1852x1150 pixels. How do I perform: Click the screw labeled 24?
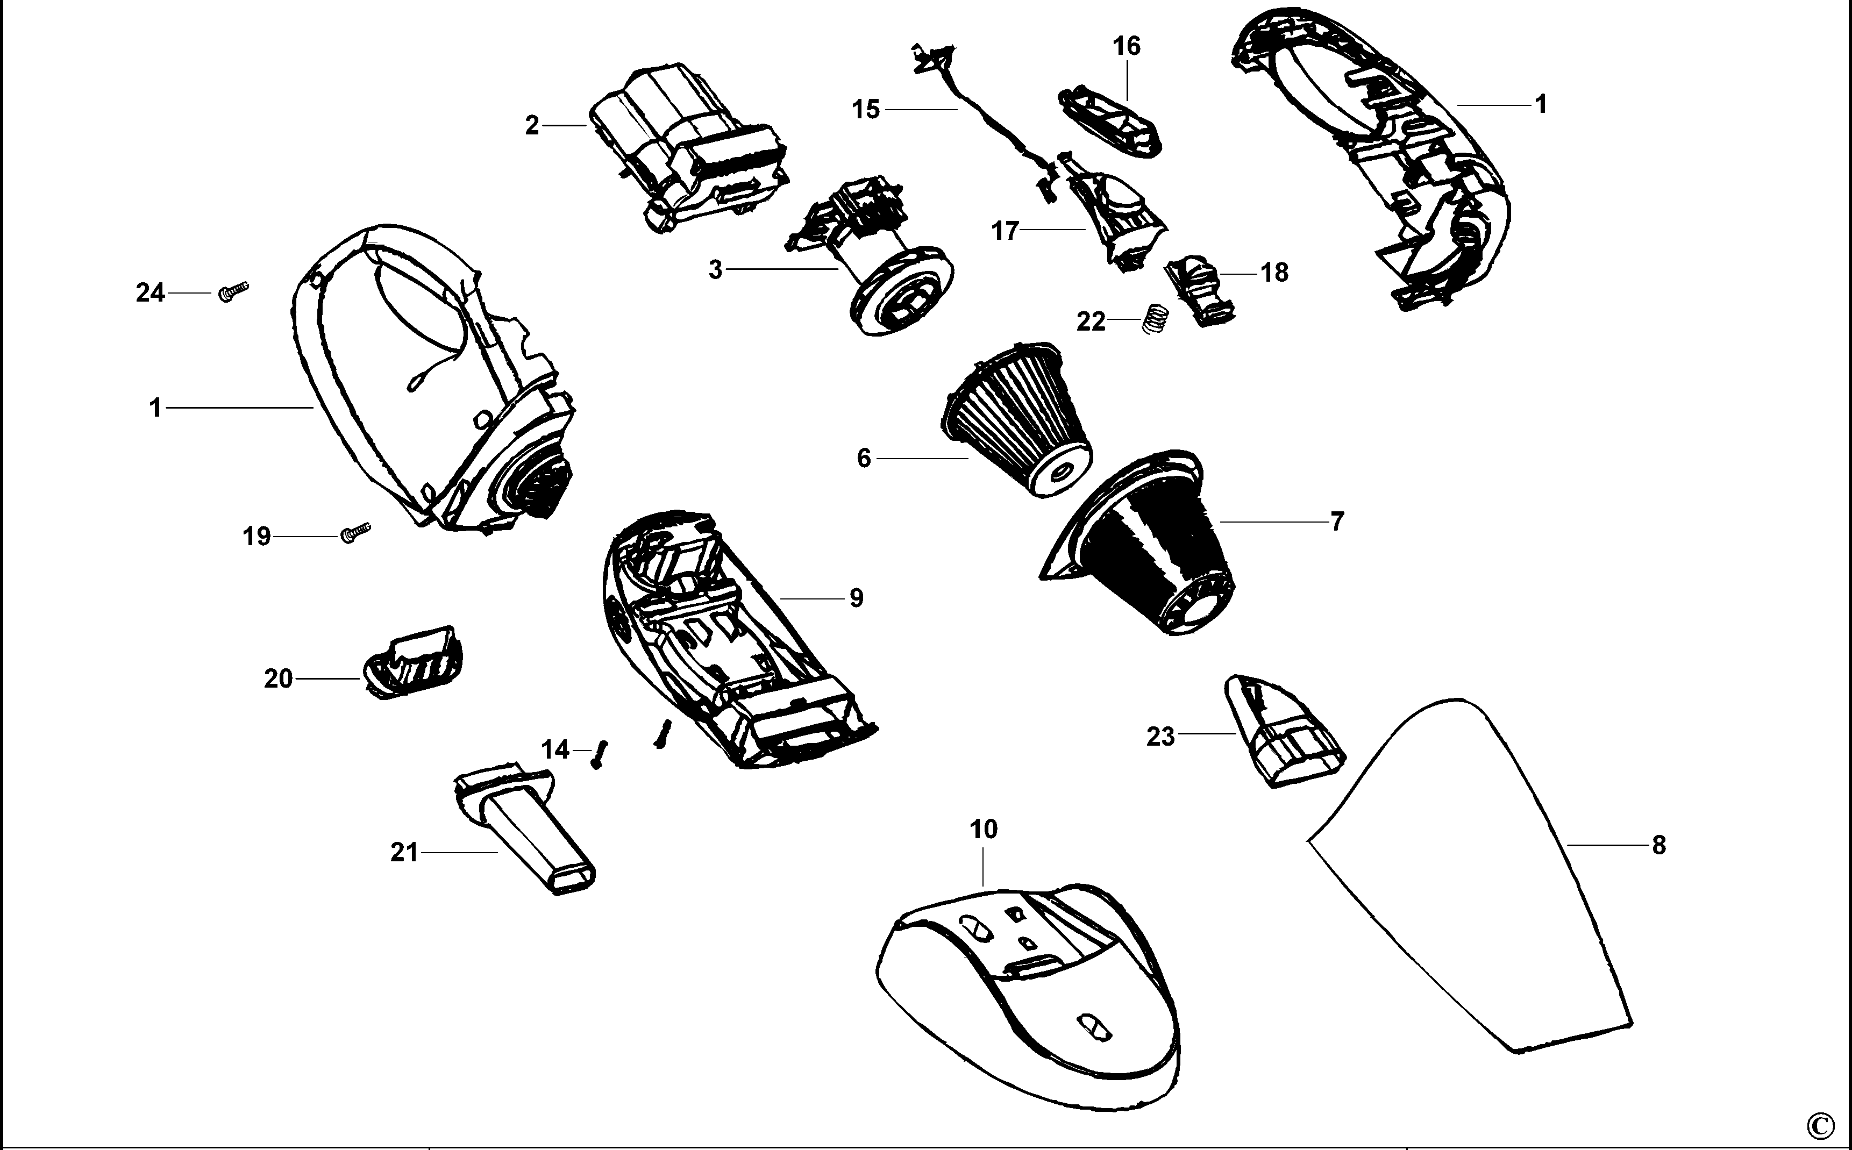pyautogui.click(x=233, y=291)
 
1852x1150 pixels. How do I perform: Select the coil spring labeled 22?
pyautogui.click(x=1155, y=318)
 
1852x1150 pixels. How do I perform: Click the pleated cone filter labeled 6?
pyautogui.click(x=1017, y=424)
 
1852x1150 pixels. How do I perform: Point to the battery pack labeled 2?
pyautogui.click(x=687, y=152)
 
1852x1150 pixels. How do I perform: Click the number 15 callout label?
pyautogui.click(x=866, y=110)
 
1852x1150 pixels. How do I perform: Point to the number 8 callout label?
pyautogui.click(x=1659, y=845)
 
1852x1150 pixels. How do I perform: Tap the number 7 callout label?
pyautogui.click(x=1337, y=522)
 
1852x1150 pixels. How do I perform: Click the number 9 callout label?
pyautogui.click(x=857, y=598)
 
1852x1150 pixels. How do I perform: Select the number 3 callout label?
pyautogui.click(x=715, y=270)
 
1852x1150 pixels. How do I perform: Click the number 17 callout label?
pyautogui.click(x=1004, y=231)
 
